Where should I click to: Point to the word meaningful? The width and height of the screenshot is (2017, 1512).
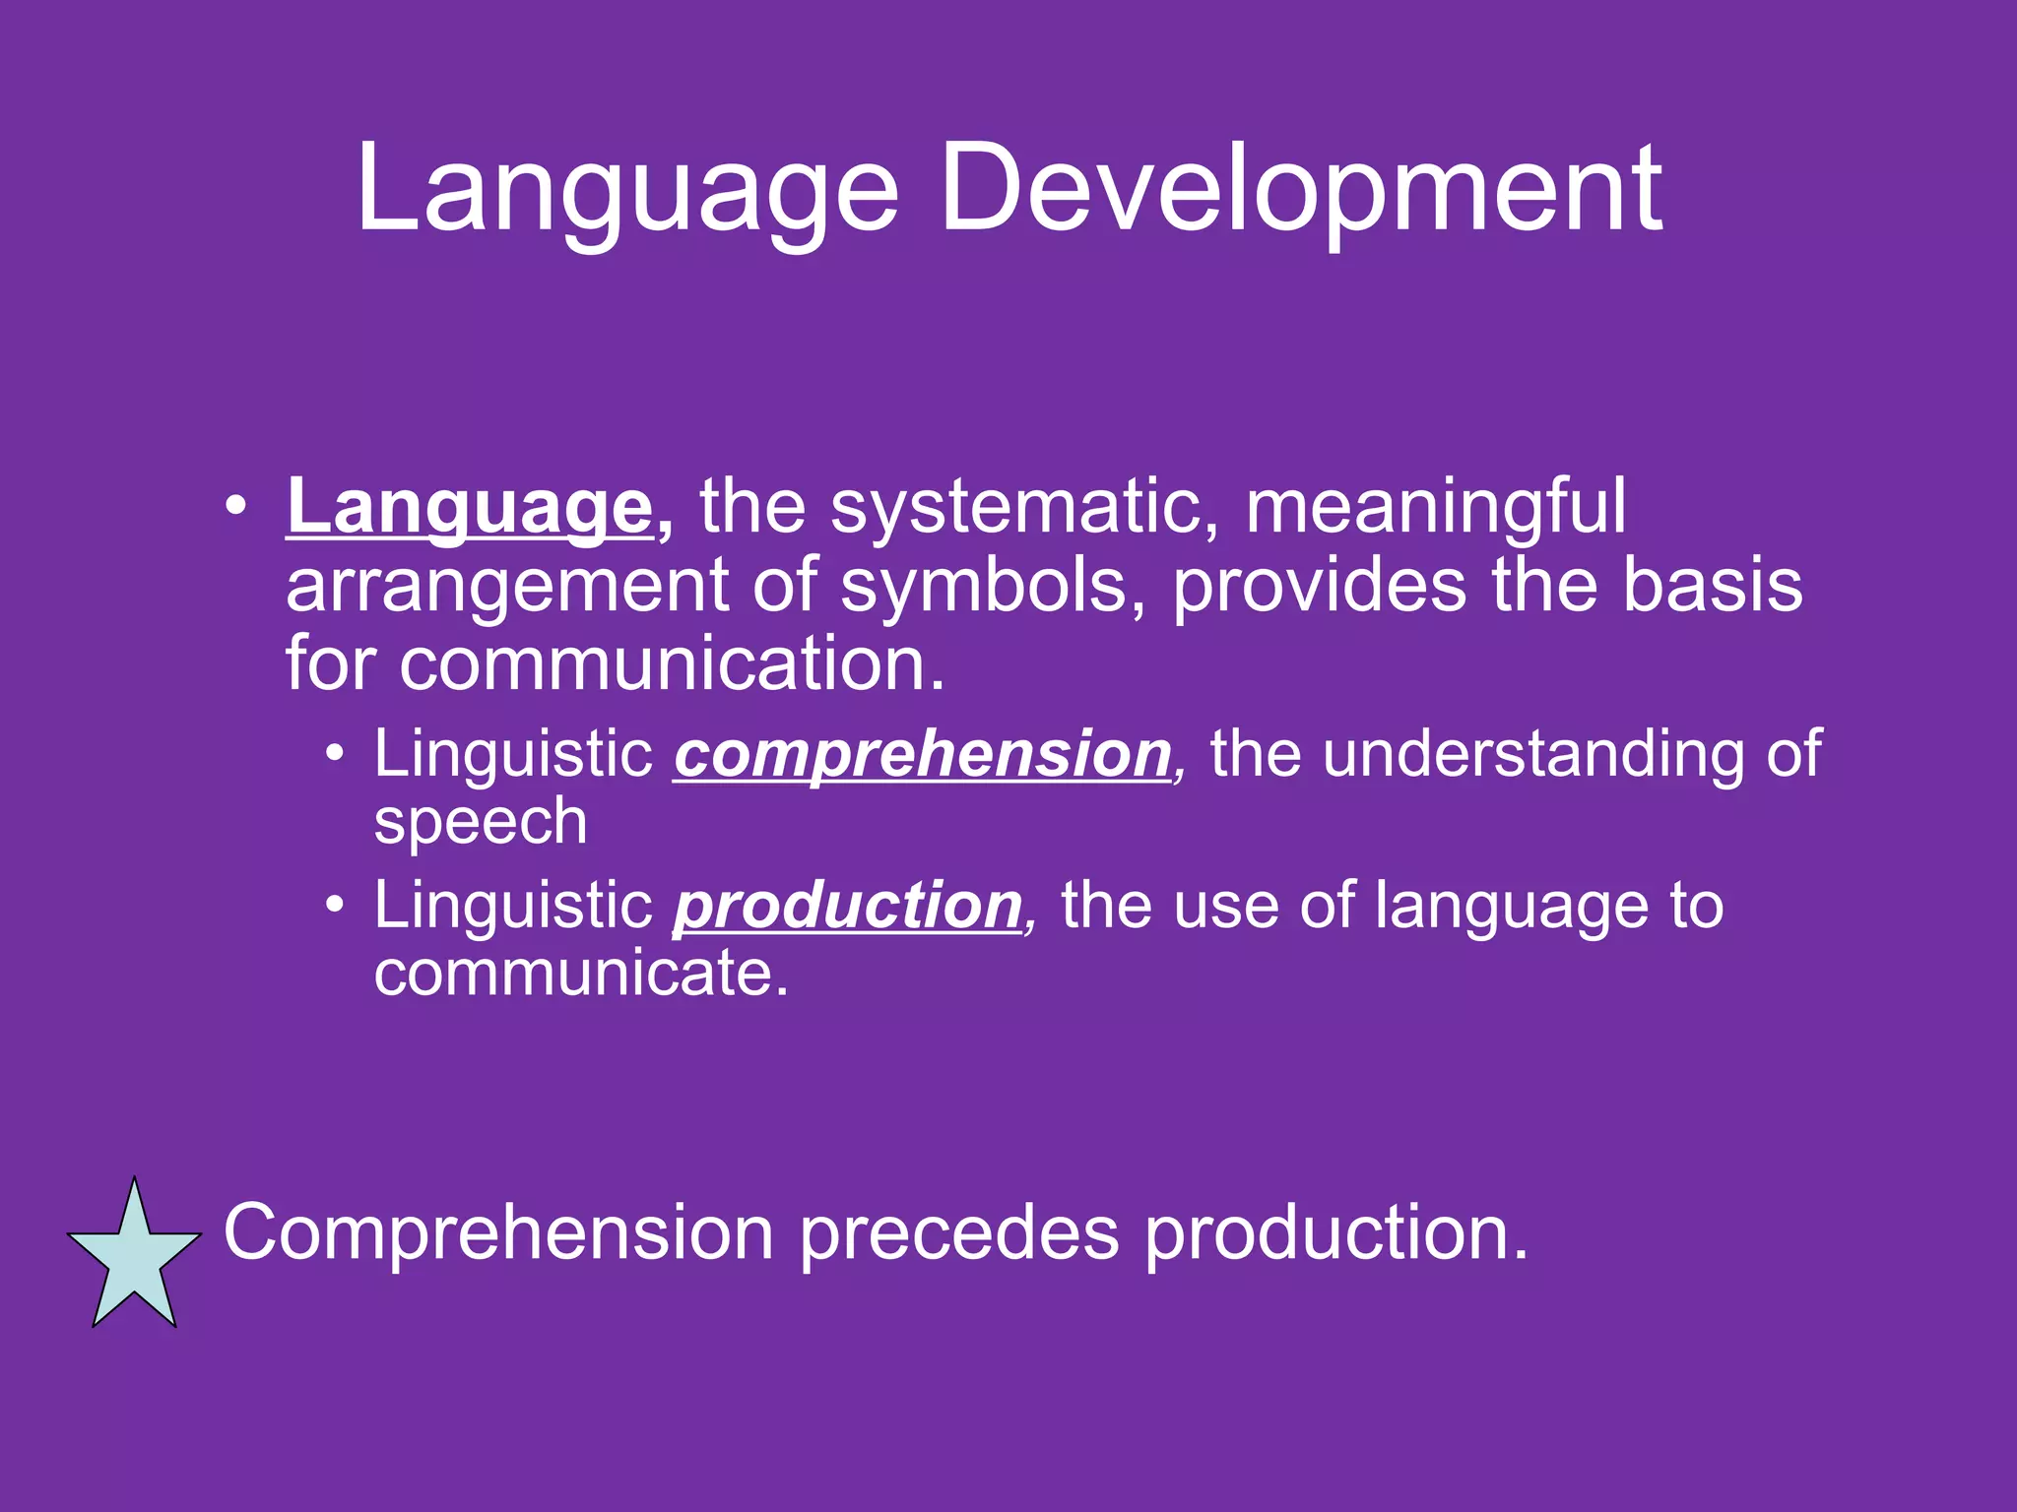click(1435, 509)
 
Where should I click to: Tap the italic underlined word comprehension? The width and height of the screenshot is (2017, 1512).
click(922, 756)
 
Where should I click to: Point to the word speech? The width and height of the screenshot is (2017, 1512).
click(481, 823)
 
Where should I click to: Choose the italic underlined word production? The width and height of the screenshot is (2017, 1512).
click(847, 906)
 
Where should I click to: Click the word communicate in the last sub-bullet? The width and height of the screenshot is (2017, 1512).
click(581, 974)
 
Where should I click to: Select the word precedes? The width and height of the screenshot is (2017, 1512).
click(958, 1232)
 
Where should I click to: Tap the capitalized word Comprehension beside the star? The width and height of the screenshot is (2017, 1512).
click(498, 1232)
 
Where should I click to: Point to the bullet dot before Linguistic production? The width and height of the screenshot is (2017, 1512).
click(336, 906)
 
